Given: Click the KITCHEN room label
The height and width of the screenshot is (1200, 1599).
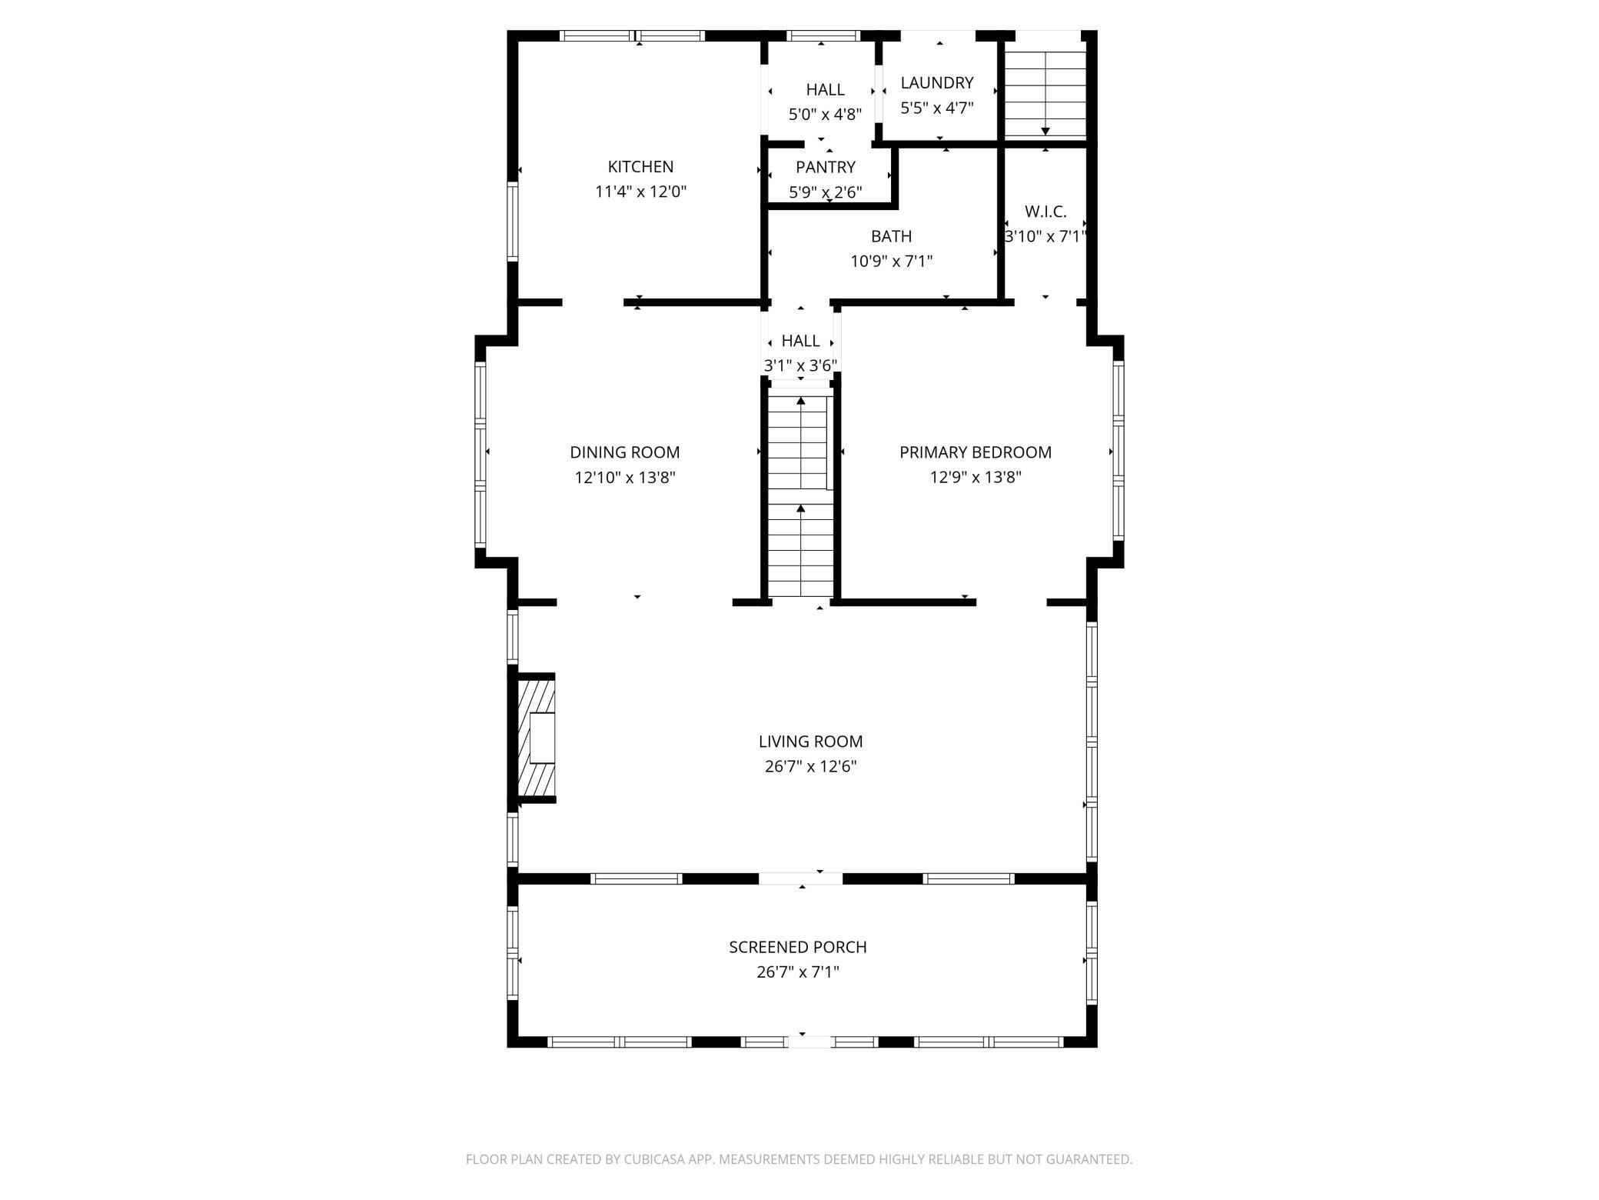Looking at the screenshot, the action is click(x=640, y=167).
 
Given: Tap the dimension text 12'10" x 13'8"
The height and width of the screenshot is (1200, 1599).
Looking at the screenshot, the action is click(x=625, y=478).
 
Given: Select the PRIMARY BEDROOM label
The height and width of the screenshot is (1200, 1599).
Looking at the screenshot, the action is click(x=976, y=452).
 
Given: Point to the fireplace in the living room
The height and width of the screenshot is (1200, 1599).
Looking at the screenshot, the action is click(x=536, y=738).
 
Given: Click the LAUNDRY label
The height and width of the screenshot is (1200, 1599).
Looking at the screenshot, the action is click(x=937, y=82).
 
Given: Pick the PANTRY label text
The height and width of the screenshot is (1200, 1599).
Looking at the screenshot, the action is click(x=826, y=167).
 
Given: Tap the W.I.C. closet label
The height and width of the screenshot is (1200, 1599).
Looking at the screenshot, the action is click(x=1045, y=212).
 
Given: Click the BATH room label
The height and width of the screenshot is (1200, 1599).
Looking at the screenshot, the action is click(x=892, y=236).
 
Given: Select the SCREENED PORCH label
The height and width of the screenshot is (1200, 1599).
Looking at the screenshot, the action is click(x=798, y=947).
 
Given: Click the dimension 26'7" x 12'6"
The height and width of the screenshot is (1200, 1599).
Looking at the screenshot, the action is click(x=810, y=766).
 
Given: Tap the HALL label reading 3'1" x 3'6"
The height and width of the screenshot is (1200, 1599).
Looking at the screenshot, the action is click(x=800, y=341).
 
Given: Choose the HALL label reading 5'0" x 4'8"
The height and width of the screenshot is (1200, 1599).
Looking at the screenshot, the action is click(x=826, y=90).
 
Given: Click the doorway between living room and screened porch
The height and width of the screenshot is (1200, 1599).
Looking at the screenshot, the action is click(x=801, y=878).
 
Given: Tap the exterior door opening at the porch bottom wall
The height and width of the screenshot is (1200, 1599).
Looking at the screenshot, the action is click(x=810, y=1042).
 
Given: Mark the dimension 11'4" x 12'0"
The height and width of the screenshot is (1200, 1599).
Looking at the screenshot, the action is click(x=640, y=192).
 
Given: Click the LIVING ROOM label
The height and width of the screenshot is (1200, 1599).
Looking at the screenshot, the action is click(x=810, y=742).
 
